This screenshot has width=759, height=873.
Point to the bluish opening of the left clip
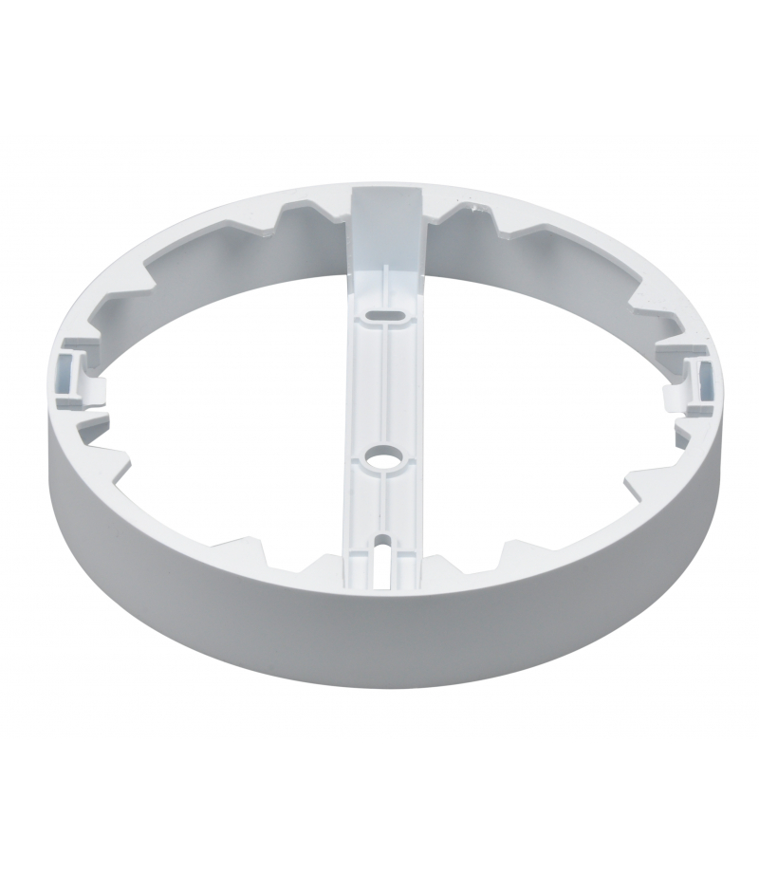click(67, 369)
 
